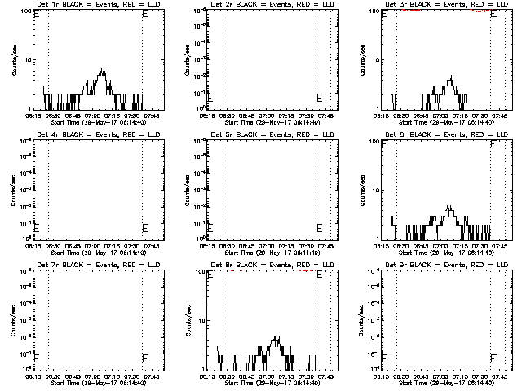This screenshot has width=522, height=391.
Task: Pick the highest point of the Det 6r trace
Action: [x=449, y=207]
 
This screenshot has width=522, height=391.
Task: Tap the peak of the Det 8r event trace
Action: [x=277, y=336]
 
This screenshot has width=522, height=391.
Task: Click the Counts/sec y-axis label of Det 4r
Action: [x=12, y=190]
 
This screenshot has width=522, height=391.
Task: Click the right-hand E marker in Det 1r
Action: [x=145, y=14]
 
